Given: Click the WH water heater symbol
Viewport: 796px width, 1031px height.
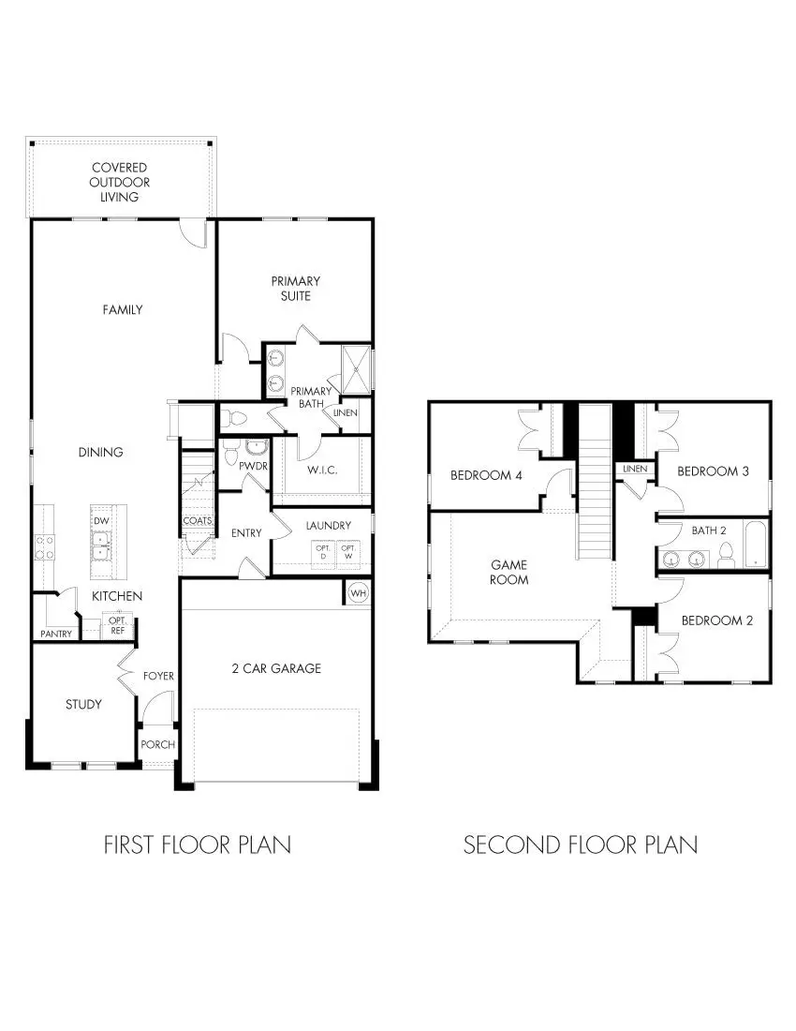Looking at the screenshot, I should [358, 593].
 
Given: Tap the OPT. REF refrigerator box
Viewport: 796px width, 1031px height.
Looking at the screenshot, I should [118, 626].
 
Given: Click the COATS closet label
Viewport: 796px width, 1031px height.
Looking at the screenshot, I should [198, 520].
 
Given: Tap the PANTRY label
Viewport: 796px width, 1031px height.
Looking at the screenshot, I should [56, 635].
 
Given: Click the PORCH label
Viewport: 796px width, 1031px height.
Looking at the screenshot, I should [158, 744].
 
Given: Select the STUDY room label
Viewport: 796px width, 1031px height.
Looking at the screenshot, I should [83, 704].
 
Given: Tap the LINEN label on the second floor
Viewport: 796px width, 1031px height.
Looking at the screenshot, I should [634, 469].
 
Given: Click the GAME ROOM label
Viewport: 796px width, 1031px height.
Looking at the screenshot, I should [509, 572].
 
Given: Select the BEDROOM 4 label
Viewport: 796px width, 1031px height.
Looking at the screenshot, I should [487, 475].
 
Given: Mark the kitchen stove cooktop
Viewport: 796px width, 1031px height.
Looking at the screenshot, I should [44, 546].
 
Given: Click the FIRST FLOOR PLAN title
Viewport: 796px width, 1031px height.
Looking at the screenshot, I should [197, 844].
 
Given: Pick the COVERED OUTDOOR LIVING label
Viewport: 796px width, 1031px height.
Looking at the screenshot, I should [120, 182].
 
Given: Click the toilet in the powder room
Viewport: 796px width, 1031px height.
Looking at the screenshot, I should [231, 455].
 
